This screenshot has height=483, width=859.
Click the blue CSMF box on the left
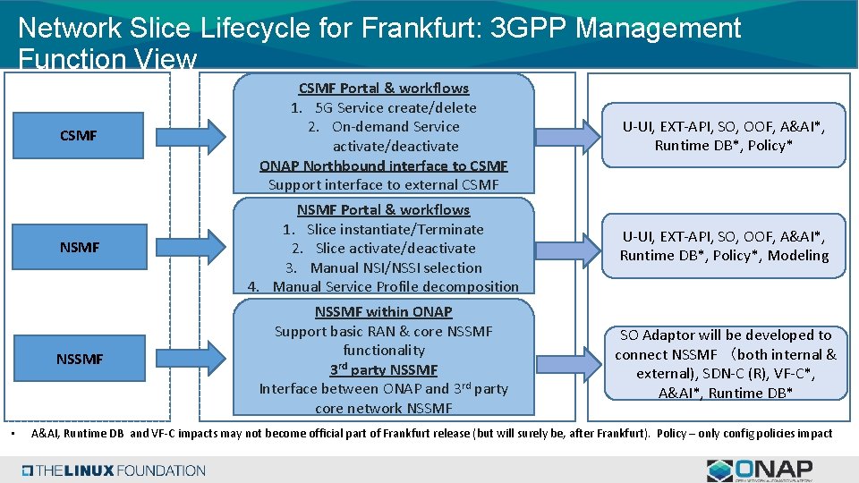(79, 136)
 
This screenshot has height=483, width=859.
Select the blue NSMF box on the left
(79, 247)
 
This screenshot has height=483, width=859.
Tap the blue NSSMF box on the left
(79, 359)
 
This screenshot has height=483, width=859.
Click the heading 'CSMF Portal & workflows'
(383, 88)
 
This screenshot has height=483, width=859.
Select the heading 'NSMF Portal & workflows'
(383, 209)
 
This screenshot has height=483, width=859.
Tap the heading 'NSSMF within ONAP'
(383, 311)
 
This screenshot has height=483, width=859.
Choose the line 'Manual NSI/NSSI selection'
(395, 267)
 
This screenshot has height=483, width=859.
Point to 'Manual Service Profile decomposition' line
(395, 286)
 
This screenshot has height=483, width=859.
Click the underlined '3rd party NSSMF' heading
(383, 369)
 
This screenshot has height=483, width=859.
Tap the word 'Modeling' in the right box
(799, 256)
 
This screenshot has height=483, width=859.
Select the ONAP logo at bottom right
(761, 469)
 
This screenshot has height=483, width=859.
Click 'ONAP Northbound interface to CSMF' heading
(383, 165)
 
